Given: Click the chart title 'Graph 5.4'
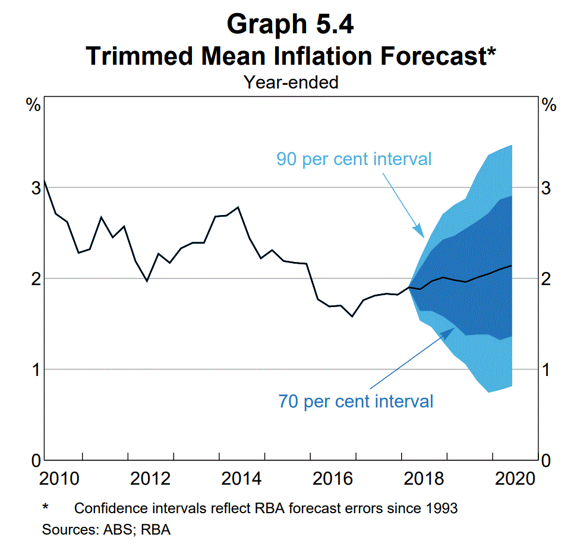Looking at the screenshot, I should (291, 24).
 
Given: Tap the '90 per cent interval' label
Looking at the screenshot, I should (354, 159).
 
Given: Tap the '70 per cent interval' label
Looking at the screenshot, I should (355, 401).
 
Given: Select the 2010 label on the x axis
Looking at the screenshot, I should (59, 479).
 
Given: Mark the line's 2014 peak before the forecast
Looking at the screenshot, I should (238, 207).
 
